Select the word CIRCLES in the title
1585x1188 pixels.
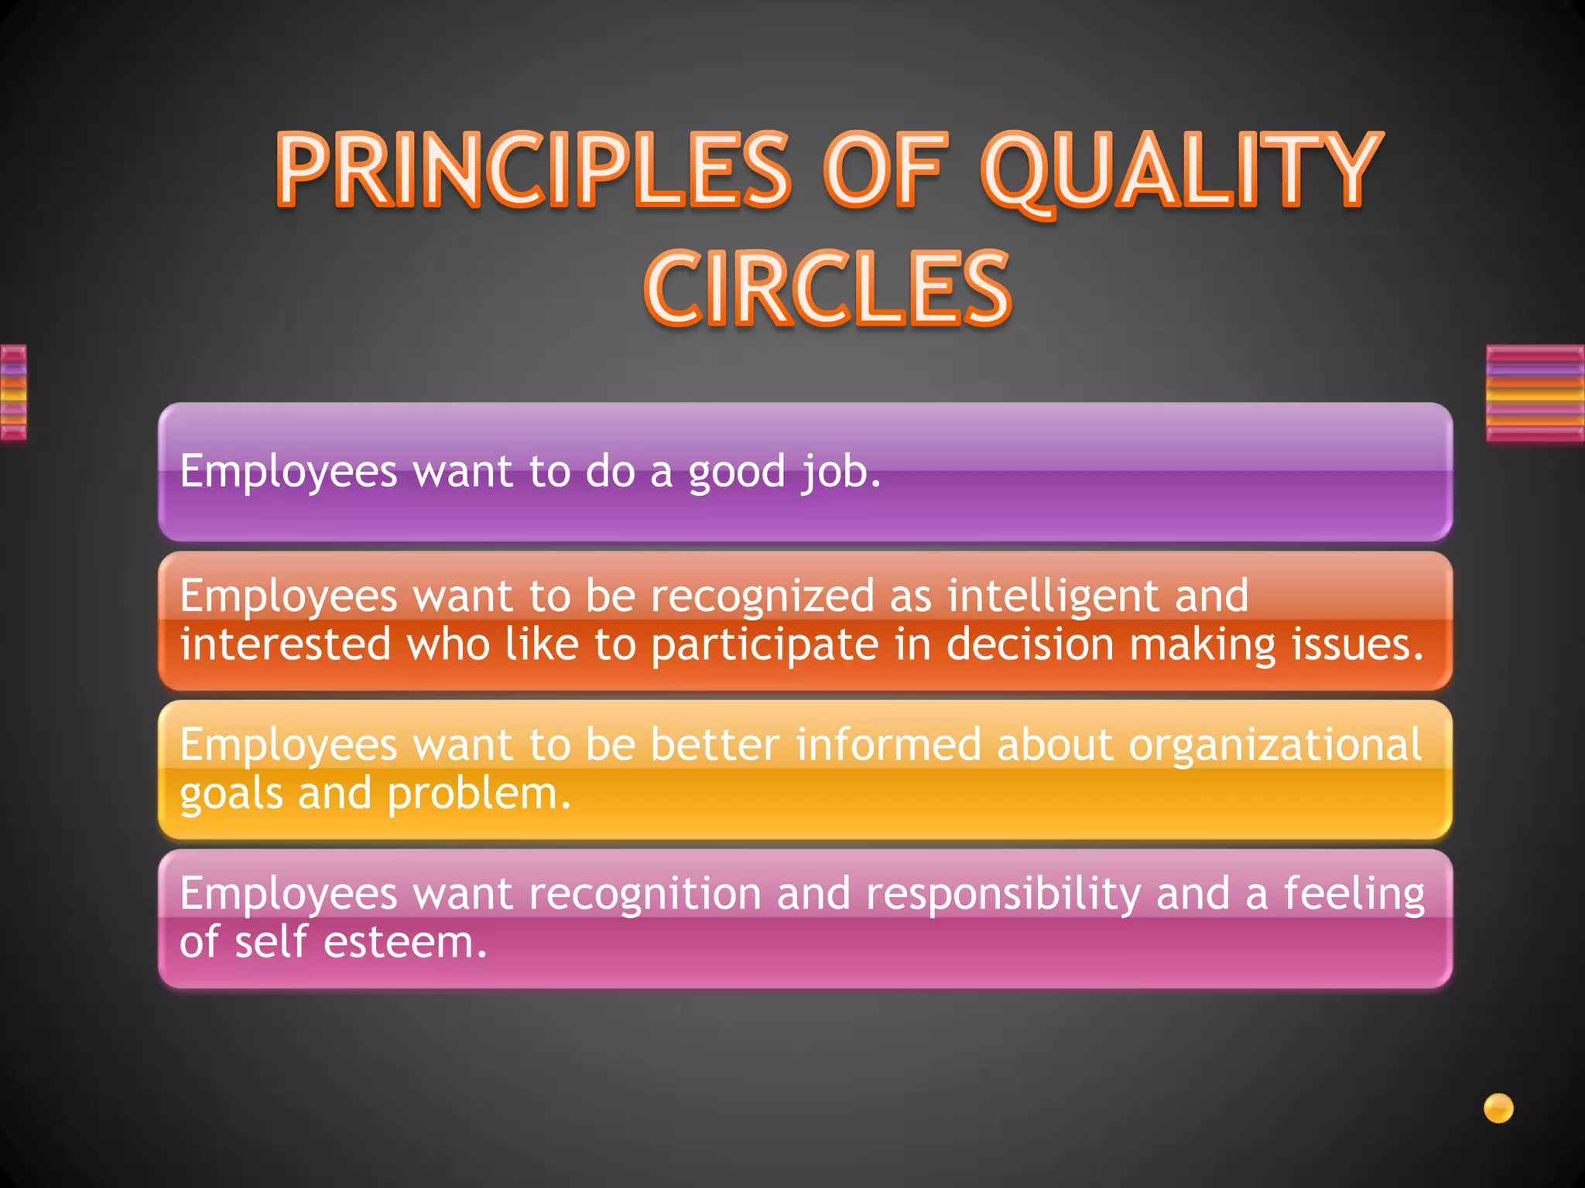coord(827,288)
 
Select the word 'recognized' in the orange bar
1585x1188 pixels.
coord(762,596)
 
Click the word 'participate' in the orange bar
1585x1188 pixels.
coord(765,645)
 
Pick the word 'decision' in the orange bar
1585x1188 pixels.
coord(1029,644)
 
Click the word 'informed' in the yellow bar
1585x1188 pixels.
coord(888,745)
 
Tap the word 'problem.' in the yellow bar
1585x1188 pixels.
coord(479,794)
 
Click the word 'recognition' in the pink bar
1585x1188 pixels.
coord(645,894)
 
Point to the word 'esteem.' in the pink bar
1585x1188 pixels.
coord(406,943)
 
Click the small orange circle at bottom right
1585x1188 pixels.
coord(1498,1108)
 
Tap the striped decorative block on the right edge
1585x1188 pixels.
coord(1535,394)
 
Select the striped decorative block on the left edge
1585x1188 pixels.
coord(13,393)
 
